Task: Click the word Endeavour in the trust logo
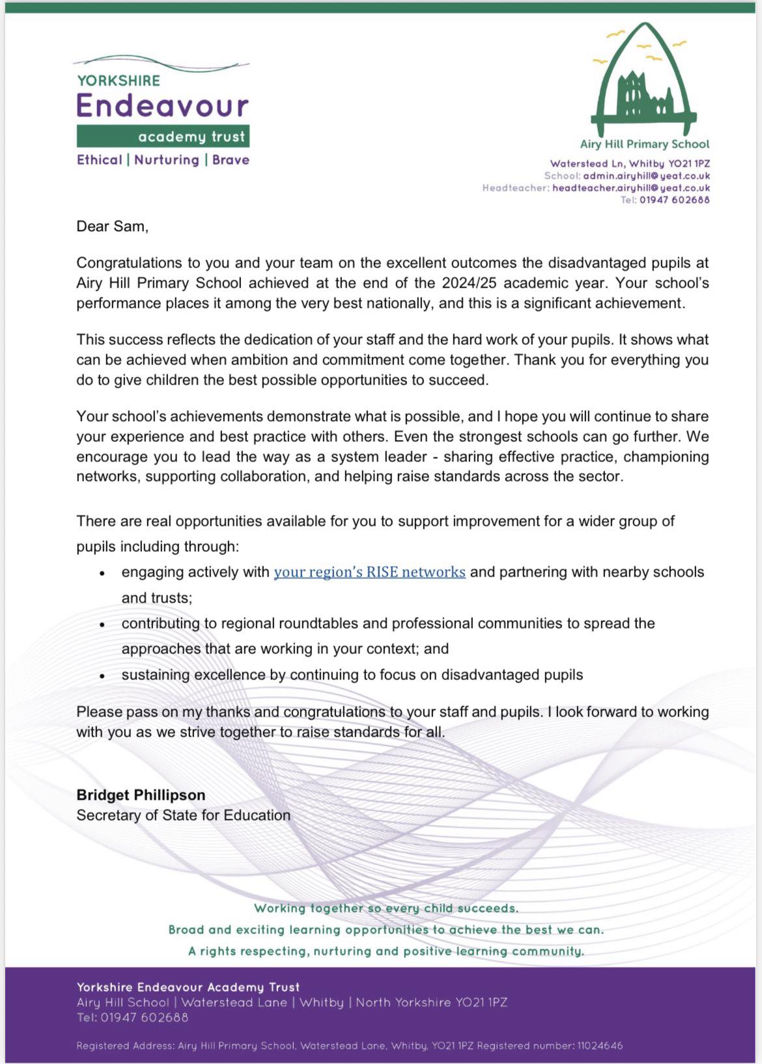163,106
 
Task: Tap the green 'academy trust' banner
163,136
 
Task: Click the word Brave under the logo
231,160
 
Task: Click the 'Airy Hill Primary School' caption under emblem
644,144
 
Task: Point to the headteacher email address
630,188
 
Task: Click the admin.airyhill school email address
646,176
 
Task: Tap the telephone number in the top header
674,200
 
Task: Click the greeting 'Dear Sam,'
112,226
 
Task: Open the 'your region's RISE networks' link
369,572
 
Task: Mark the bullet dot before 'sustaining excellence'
102,676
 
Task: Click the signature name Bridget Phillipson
141,795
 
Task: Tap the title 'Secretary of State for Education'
183,815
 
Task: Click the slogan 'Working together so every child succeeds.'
386,908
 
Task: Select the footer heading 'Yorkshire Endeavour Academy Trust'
188,987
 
